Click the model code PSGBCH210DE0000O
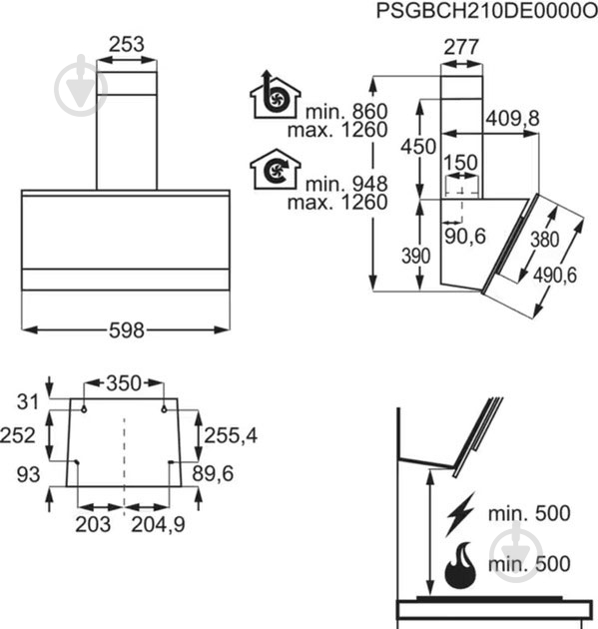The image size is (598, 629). pyautogui.click(x=486, y=12)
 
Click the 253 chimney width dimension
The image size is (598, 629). pyautogui.click(x=127, y=44)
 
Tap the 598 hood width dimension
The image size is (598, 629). pyautogui.click(x=127, y=330)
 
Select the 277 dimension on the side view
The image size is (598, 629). pyautogui.click(x=461, y=47)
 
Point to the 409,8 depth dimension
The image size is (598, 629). pyautogui.click(x=513, y=119)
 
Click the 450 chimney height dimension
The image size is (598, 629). pyautogui.click(x=418, y=147)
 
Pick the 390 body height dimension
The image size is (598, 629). pyautogui.click(x=416, y=256)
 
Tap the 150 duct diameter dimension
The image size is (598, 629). pyautogui.click(x=460, y=163)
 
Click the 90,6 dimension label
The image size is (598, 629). pyautogui.click(x=465, y=237)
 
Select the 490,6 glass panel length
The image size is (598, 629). pyautogui.click(x=555, y=276)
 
